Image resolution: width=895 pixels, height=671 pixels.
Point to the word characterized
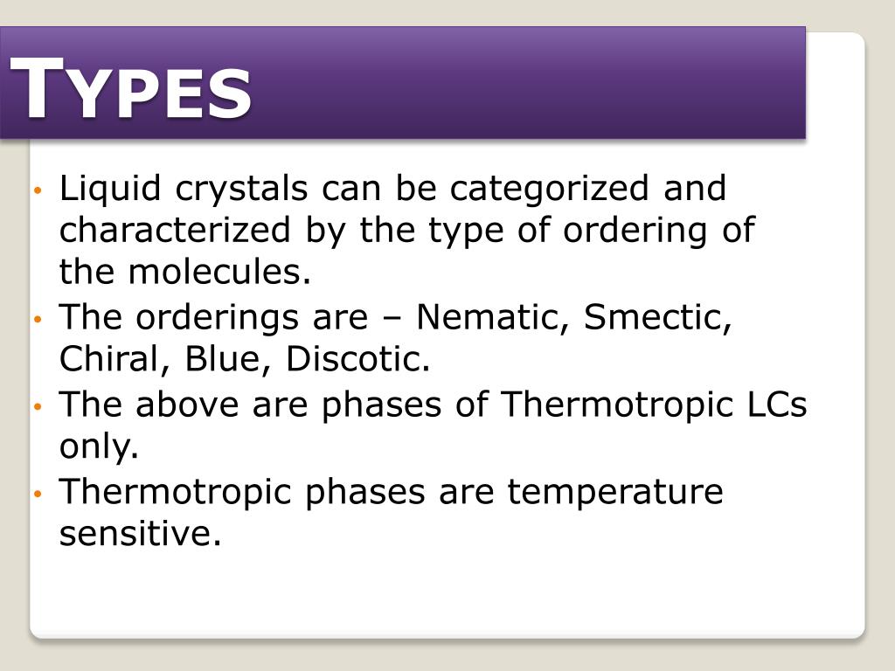pyautogui.click(x=175, y=231)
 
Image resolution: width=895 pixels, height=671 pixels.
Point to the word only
pyautogui.click(x=99, y=447)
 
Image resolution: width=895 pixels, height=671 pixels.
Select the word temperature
pyautogui.click(x=615, y=492)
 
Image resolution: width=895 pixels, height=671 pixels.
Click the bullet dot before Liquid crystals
pyautogui.click(x=38, y=190)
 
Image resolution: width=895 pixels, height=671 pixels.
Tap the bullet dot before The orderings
pyautogui.click(x=38, y=320)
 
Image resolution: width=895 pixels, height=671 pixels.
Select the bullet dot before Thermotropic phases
pyautogui.click(x=38, y=495)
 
